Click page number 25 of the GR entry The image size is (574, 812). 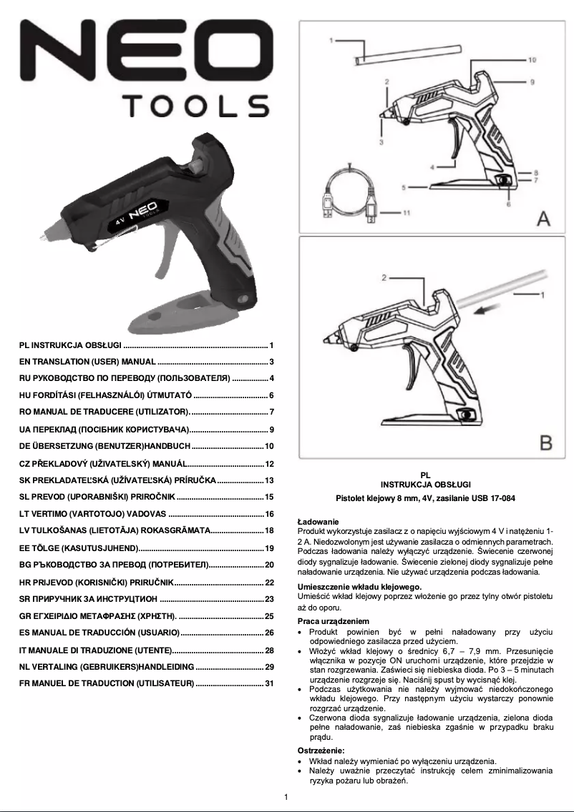coord(270,615)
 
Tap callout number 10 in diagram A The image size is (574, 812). coord(532,61)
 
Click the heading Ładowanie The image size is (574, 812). coord(318,522)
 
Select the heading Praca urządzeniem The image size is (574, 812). coord(333,621)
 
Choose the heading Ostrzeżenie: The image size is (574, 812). coord(321,751)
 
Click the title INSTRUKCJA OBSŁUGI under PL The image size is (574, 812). coord(425,484)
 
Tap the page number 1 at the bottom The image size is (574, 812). coord(286,797)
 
